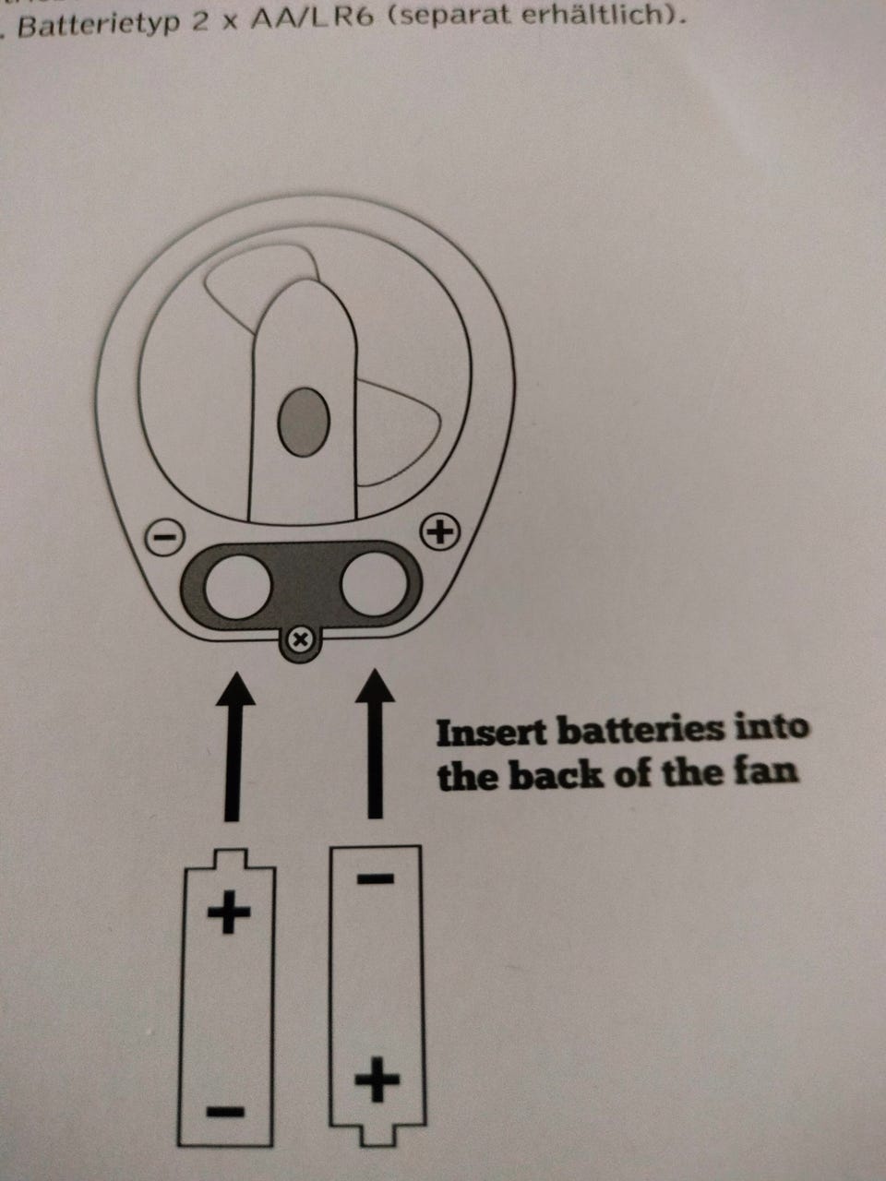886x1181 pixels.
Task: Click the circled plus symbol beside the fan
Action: click(x=440, y=532)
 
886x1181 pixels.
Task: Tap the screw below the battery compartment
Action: click(x=301, y=639)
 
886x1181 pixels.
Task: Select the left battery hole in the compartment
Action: click(x=238, y=586)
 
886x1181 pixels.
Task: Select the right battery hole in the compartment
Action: click(x=375, y=583)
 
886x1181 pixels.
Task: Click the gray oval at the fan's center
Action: click(x=304, y=422)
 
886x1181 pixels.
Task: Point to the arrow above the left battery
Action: click(x=234, y=746)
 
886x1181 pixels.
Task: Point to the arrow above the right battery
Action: click(x=375, y=744)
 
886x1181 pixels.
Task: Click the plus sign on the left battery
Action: click(x=229, y=912)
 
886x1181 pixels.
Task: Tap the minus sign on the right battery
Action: click(x=375, y=879)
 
